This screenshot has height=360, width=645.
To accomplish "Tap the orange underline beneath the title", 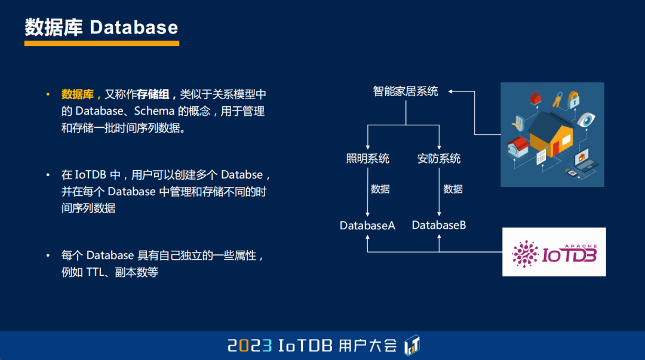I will pyautogui.click(x=102, y=43).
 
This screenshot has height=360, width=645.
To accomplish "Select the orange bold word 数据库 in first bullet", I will pyautogui.click(x=78, y=94).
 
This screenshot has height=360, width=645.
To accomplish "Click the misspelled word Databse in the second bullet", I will pyautogui.click(x=241, y=175).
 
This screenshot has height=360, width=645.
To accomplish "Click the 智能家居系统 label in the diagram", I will pyautogui.click(x=406, y=91).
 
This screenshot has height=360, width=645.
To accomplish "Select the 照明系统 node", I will pyautogui.click(x=367, y=159).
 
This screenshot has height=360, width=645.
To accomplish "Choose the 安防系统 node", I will pyautogui.click(x=439, y=159).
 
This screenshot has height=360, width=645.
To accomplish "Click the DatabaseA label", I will pyautogui.click(x=367, y=226).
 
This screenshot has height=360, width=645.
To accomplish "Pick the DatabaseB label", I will pyautogui.click(x=439, y=225).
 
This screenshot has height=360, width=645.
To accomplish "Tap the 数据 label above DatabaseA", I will pyautogui.click(x=380, y=189).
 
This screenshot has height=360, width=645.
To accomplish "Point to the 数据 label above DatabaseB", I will pyautogui.click(x=453, y=189).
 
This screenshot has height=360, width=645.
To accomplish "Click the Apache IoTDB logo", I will pyautogui.click(x=554, y=253).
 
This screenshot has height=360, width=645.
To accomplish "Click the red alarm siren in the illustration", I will pyautogui.click(x=536, y=95).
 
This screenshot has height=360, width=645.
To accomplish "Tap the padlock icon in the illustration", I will pyautogui.click(x=574, y=98).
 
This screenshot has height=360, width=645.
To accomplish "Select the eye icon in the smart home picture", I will pyautogui.click(x=586, y=119).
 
